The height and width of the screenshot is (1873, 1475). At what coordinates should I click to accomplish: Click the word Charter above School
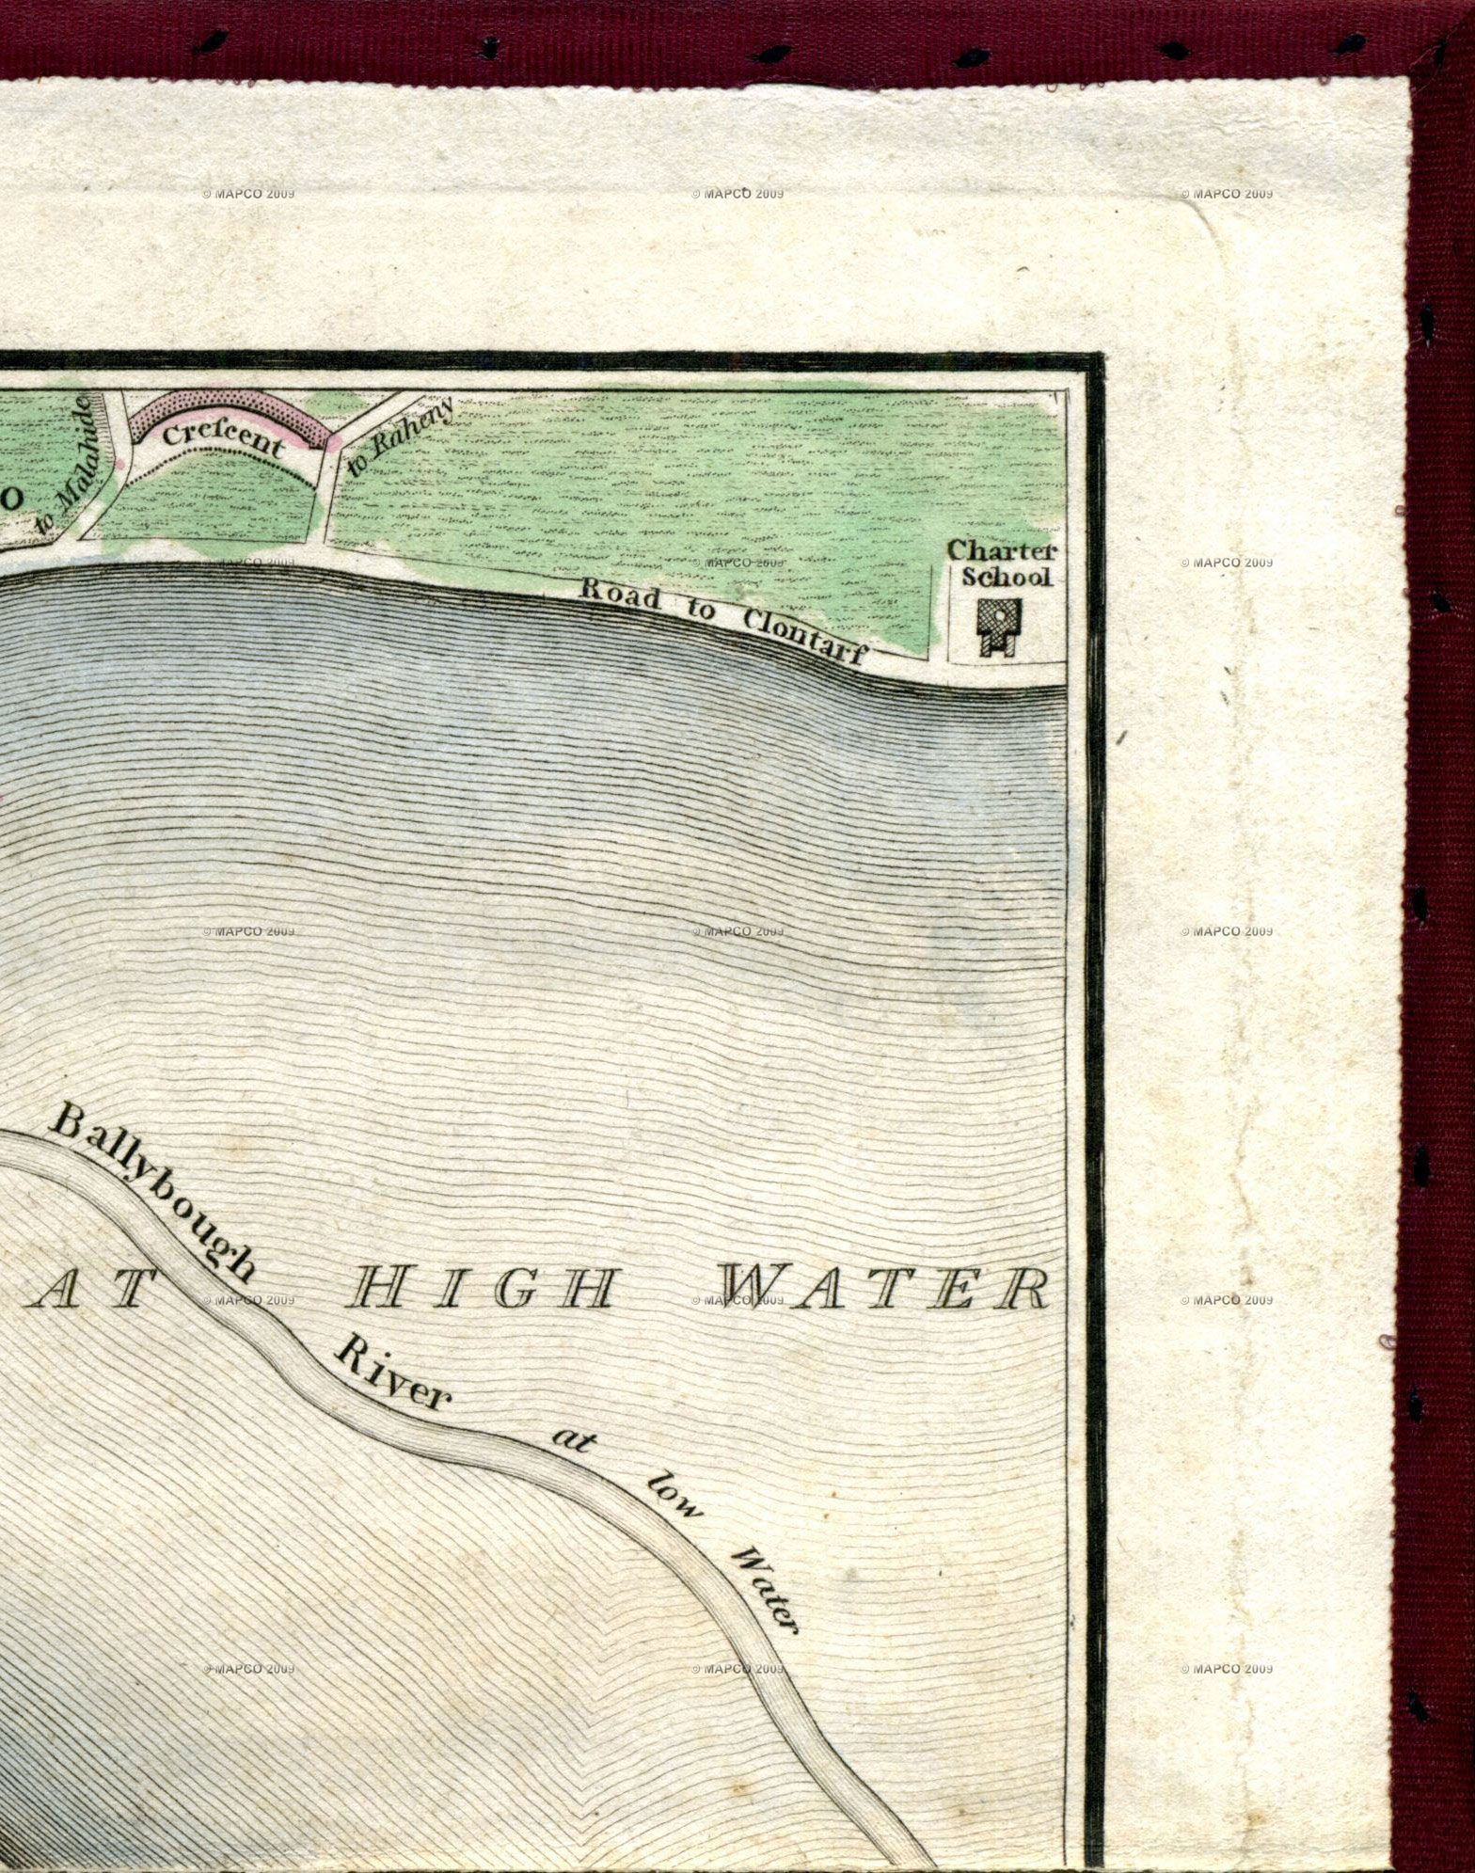coord(1002,550)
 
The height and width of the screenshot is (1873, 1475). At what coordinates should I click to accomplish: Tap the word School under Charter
coord(1006,577)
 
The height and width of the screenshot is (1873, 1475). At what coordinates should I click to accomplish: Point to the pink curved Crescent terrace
coord(231,415)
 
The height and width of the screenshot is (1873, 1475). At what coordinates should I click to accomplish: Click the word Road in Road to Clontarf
coord(620,596)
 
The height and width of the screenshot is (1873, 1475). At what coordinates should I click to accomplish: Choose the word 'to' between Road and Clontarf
coord(700,611)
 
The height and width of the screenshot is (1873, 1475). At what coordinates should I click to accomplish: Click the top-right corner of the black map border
coord(1095,357)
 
